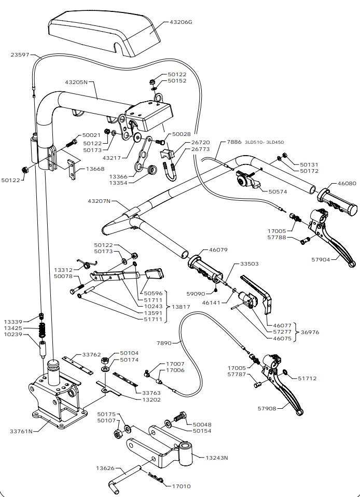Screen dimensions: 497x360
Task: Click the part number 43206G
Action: coord(181,22)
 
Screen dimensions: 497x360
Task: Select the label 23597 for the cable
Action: coord(20,54)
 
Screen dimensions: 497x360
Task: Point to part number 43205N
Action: coord(76,82)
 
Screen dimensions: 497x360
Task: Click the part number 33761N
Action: coord(21,431)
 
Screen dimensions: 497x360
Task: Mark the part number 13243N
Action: coord(217,458)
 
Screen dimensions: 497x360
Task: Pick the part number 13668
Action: coord(95,169)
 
